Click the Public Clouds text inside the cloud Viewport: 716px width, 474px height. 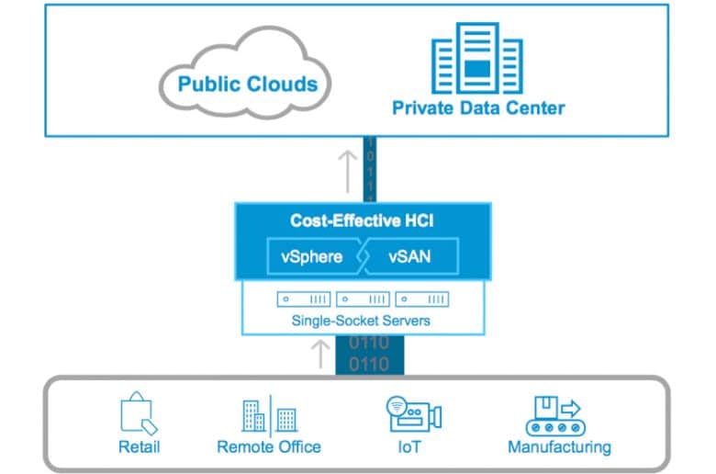[x=248, y=85]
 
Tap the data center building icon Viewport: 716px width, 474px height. [x=477, y=58]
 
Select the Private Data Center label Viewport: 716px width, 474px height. [x=478, y=107]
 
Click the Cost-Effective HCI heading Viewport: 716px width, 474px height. [x=362, y=220]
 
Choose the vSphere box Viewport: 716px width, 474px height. [x=314, y=256]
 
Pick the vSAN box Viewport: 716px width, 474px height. [x=411, y=256]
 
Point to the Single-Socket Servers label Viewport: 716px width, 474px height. [x=361, y=321]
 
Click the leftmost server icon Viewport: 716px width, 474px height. [x=304, y=299]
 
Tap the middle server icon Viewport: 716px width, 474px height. [x=363, y=299]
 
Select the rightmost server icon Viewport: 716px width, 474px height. [x=422, y=299]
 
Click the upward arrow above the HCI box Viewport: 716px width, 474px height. [x=348, y=172]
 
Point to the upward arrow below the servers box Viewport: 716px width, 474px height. [x=320, y=354]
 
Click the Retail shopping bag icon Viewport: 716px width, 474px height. [x=139, y=412]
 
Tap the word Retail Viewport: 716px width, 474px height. [x=139, y=446]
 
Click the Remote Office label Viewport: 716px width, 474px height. [x=269, y=446]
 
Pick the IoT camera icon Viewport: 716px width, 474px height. [x=414, y=414]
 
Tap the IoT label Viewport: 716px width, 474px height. [x=409, y=446]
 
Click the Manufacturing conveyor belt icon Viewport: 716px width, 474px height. [x=555, y=416]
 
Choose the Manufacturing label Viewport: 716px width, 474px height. [x=559, y=447]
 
